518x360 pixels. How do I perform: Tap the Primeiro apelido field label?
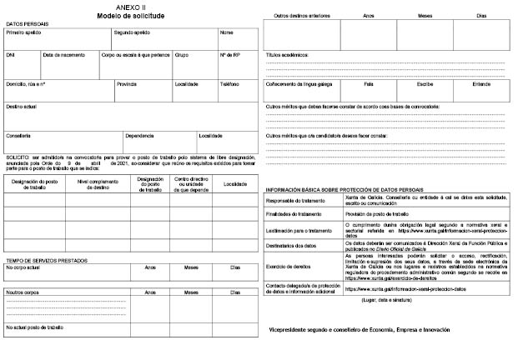pos(23,33)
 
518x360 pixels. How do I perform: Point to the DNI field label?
pos(11,54)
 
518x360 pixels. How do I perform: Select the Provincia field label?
pos(127,84)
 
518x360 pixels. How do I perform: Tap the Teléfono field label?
pos(229,84)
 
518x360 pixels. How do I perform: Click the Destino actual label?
pos(21,107)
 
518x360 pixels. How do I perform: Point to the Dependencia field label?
pos(141,134)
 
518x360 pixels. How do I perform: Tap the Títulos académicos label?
pos(287,54)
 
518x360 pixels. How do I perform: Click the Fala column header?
pos(368,84)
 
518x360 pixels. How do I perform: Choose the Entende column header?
pos(482,84)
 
